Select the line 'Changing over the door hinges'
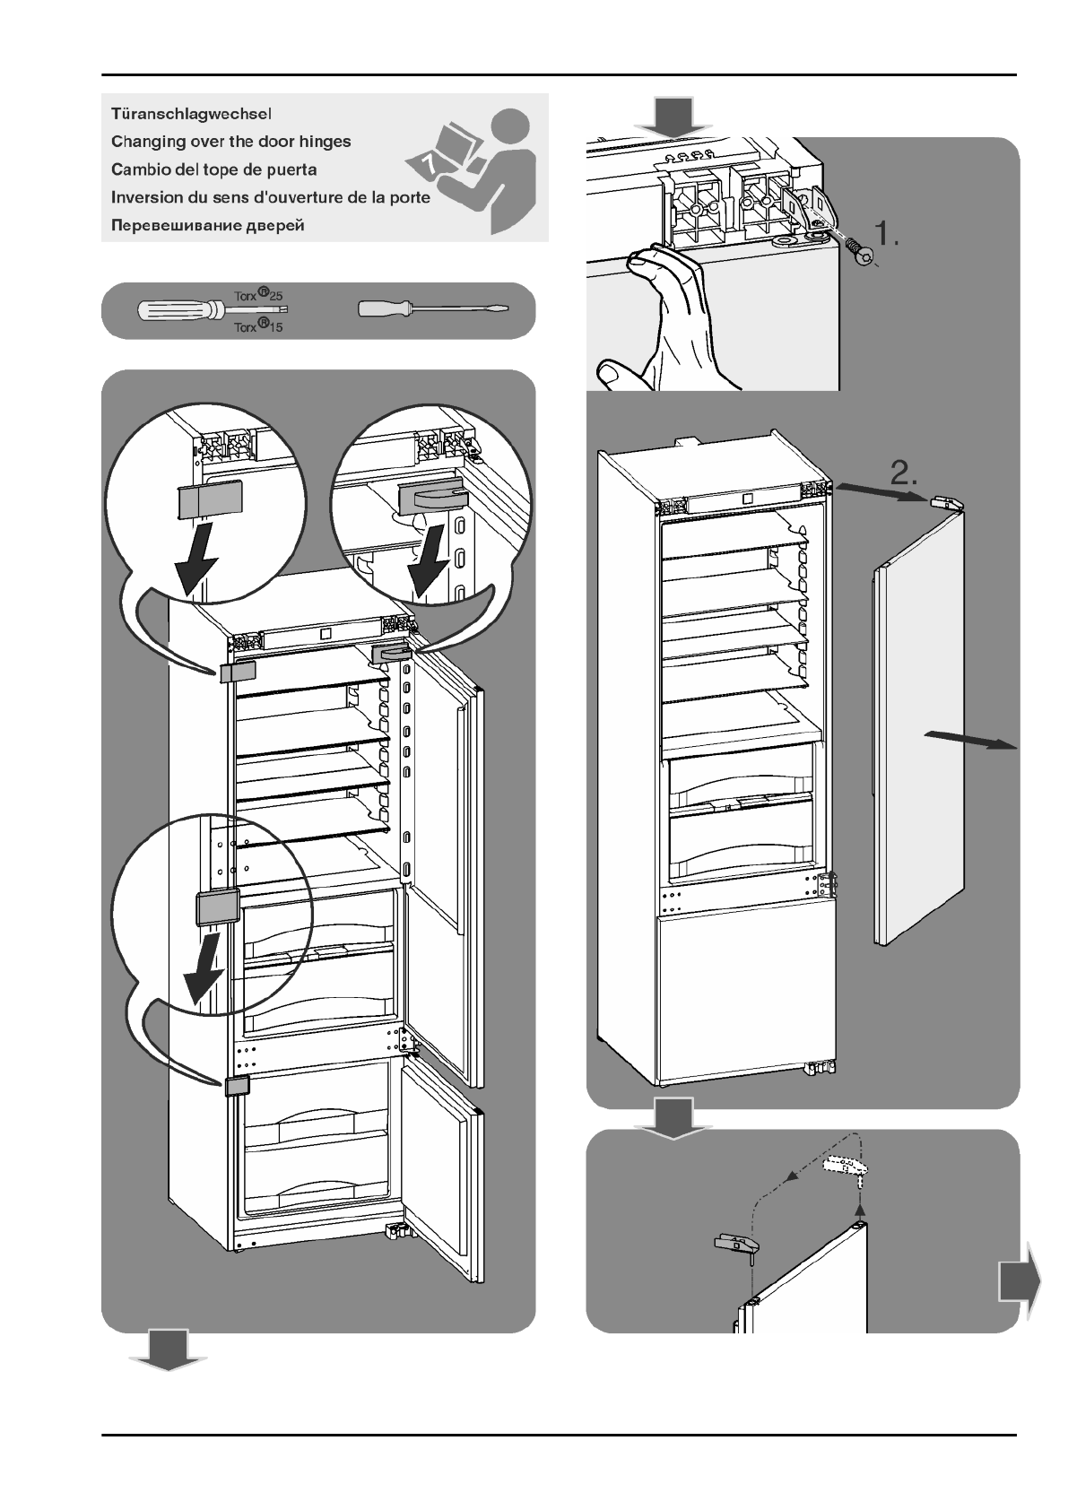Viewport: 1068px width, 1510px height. tap(230, 142)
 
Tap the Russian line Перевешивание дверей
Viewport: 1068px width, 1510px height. tap(207, 225)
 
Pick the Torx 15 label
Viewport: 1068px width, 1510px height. tap(258, 326)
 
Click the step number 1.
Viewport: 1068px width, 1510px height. tap(893, 234)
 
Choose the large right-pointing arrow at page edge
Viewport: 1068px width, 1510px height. tap(1020, 1281)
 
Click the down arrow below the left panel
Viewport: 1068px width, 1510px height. tap(168, 1350)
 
